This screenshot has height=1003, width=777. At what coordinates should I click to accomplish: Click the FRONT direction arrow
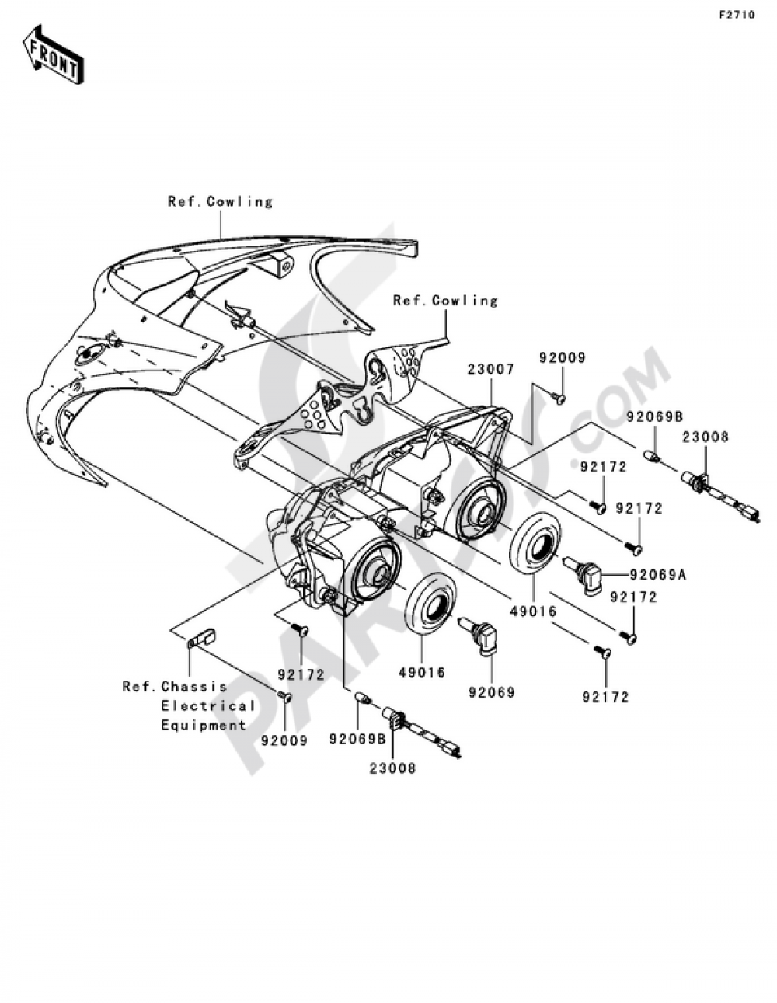point(54,54)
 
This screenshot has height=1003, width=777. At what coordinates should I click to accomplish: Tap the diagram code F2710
point(736,16)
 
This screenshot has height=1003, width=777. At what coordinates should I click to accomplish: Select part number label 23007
point(491,369)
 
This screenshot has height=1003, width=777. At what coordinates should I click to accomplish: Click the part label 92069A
point(658,575)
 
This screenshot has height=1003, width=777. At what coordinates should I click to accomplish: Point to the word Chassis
point(194,687)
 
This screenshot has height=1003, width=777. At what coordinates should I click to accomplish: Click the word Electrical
point(207,705)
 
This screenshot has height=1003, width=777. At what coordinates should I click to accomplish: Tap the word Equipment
point(204,725)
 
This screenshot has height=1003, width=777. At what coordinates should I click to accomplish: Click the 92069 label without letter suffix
point(491,692)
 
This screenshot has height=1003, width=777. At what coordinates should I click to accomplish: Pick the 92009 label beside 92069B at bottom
point(284,740)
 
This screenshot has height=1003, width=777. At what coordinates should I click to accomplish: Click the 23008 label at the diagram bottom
point(392,768)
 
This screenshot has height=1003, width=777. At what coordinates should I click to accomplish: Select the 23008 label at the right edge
point(706,437)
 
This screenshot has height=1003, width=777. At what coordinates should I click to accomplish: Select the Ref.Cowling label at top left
point(221,202)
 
